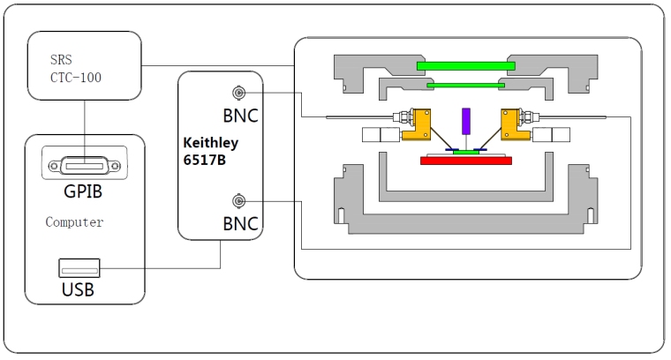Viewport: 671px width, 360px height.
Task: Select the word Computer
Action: coord(74,222)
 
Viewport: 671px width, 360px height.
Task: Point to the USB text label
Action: coord(78,289)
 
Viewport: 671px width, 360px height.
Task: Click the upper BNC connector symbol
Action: coord(237,93)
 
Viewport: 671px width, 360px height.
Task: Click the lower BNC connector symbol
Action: coord(237,200)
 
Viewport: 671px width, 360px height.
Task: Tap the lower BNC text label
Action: coord(241,224)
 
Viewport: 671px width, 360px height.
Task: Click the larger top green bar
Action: coord(465,65)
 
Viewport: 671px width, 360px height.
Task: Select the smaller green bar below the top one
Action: coord(465,85)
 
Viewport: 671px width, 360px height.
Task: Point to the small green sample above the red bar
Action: coord(465,151)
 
